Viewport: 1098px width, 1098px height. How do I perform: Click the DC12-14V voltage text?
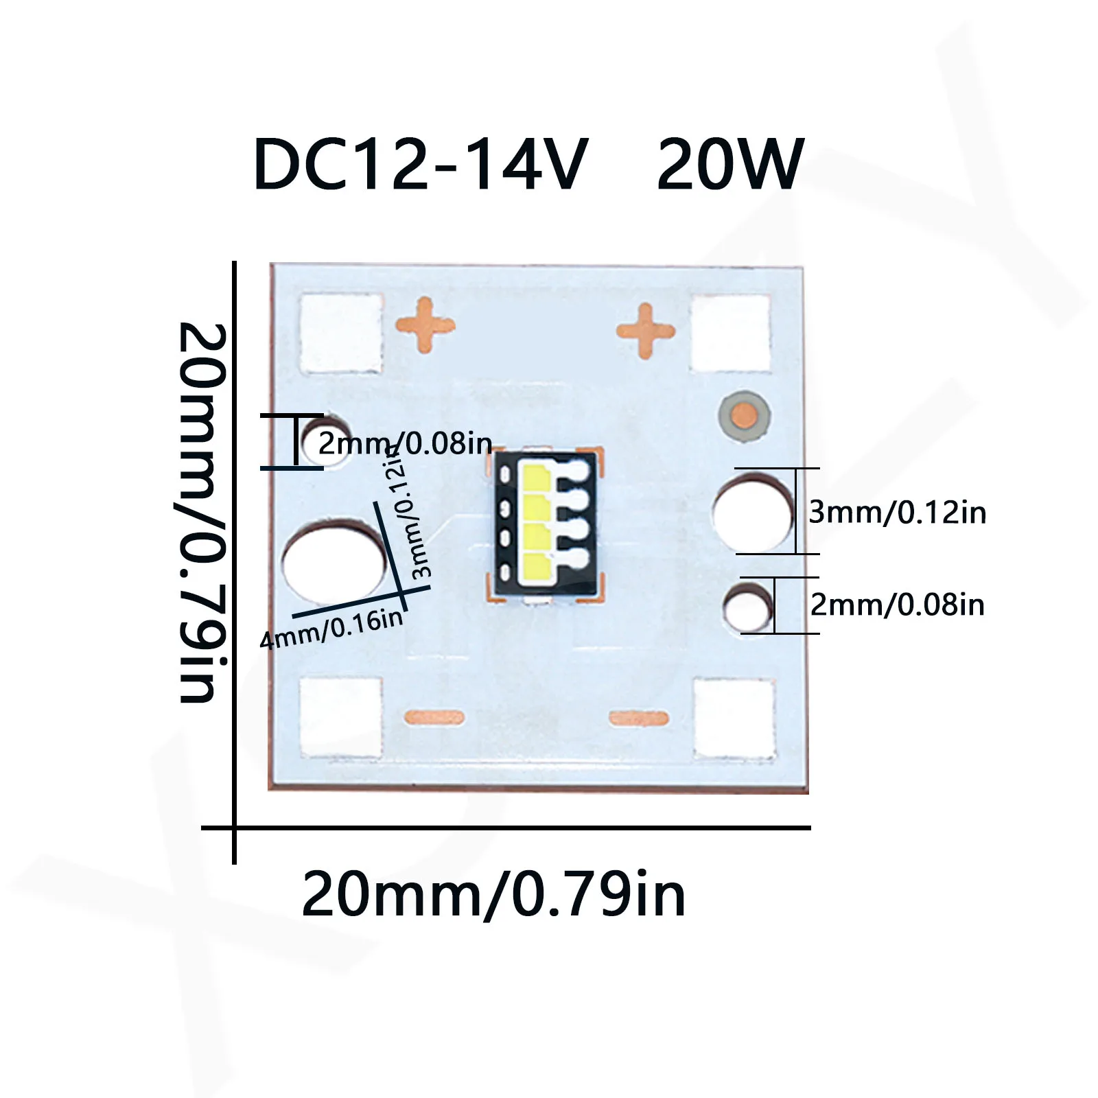[420, 165]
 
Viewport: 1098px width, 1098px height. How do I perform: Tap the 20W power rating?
[729, 165]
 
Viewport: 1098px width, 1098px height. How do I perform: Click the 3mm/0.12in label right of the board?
[897, 513]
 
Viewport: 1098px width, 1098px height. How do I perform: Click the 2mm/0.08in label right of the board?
[897, 605]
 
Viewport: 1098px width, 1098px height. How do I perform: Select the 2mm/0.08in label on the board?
[405, 444]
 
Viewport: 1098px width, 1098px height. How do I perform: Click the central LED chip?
[546, 525]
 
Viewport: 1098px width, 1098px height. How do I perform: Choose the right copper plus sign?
[646, 331]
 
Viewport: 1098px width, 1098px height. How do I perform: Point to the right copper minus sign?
[639, 718]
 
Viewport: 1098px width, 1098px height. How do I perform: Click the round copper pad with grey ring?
[745, 415]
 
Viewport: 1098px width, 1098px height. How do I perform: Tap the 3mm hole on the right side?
[753, 514]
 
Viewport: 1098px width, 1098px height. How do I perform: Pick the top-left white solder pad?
[341, 334]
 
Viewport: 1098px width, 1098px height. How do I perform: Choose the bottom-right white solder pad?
[734, 718]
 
